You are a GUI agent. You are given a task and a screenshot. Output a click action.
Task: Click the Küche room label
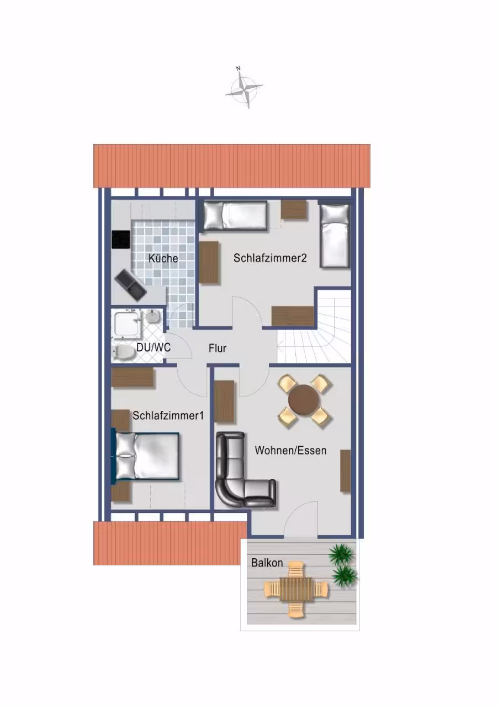coord(163,259)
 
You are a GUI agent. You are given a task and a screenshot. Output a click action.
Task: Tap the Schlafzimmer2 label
coord(270,258)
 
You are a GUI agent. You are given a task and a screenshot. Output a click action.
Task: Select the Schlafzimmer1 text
coord(168,415)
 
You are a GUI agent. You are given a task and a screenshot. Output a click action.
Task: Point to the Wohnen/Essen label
coord(290,450)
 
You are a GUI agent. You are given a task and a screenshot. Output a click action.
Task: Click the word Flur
coord(218,348)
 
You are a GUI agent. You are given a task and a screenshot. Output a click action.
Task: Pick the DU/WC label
coord(153,347)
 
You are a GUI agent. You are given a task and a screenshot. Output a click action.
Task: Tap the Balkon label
coord(267,563)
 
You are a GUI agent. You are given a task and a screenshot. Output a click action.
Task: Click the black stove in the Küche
coord(121,240)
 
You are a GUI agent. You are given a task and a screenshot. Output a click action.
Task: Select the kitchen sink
coord(130,286)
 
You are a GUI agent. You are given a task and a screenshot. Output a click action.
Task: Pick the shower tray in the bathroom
coord(126,324)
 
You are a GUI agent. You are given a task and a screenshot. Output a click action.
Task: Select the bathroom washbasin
coord(153,316)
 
